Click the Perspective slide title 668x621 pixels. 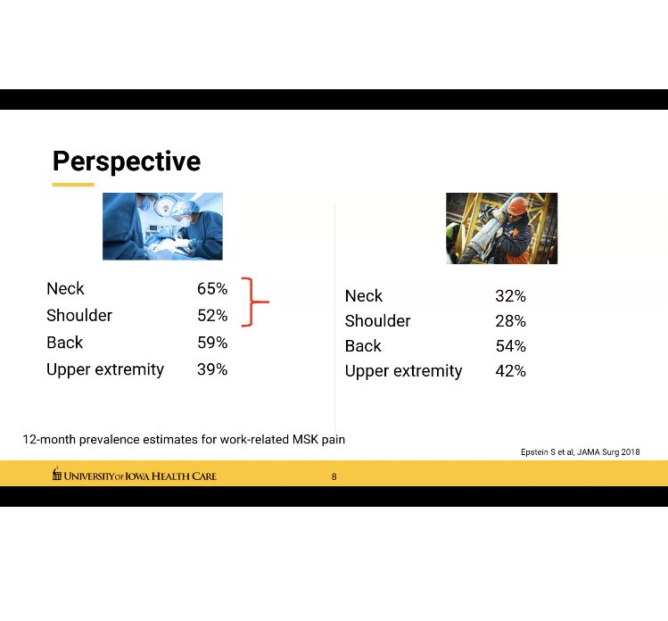click(x=126, y=161)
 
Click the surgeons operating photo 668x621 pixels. click(x=162, y=227)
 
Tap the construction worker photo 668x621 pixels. click(x=501, y=228)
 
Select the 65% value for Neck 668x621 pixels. click(x=212, y=289)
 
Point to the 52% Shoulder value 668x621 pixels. click(x=212, y=316)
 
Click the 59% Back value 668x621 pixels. click(x=212, y=343)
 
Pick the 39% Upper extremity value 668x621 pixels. click(x=212, y=369)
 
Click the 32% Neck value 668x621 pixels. click(x=510, y=296)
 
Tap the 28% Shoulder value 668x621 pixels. click(x=510, y=321)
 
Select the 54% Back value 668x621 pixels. click(x=510, y=346)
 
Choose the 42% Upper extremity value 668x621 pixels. click(x=510, y=371)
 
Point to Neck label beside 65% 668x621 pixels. click(x=65, y=289)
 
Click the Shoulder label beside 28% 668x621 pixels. click(x=377, y=321)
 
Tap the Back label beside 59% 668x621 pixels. click(x=64, y=343)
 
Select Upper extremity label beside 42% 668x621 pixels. click(x=403, y=371)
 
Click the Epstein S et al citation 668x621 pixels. click(x=580, y=452)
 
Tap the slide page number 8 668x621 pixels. click(x=334, y=477)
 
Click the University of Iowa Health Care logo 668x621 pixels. click(x=134, y=476)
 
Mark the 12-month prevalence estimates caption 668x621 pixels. click(x=184, y=440)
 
